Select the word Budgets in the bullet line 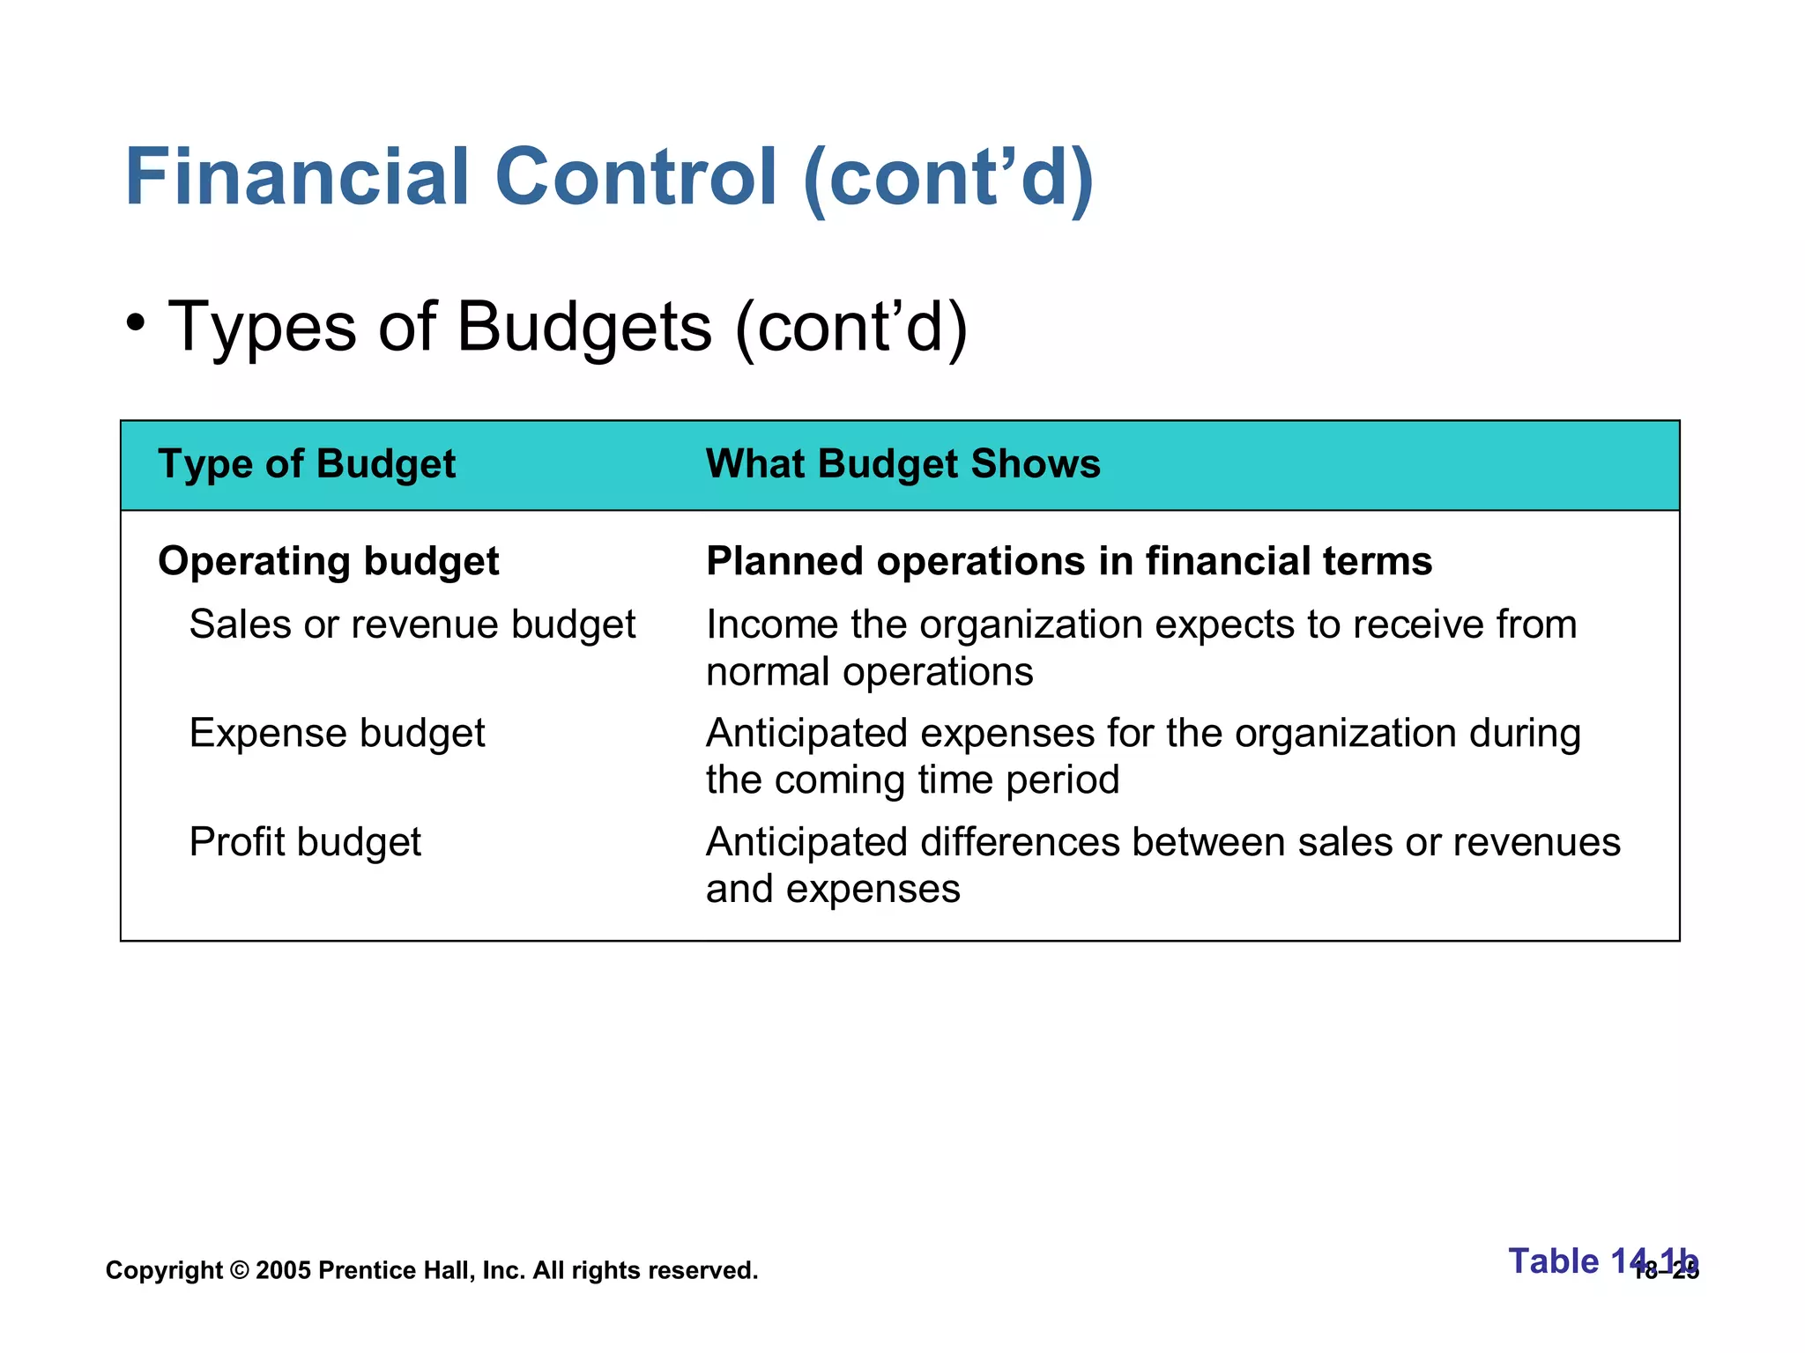583,327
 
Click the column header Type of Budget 307,464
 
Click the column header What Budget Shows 903,464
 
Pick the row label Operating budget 328,562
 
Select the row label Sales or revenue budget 412,625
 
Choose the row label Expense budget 337,734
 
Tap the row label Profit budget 305,842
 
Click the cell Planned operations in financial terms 1069,562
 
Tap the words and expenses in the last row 833,890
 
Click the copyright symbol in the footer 239,1271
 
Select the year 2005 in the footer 283,1271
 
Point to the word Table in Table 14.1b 1553,1261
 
